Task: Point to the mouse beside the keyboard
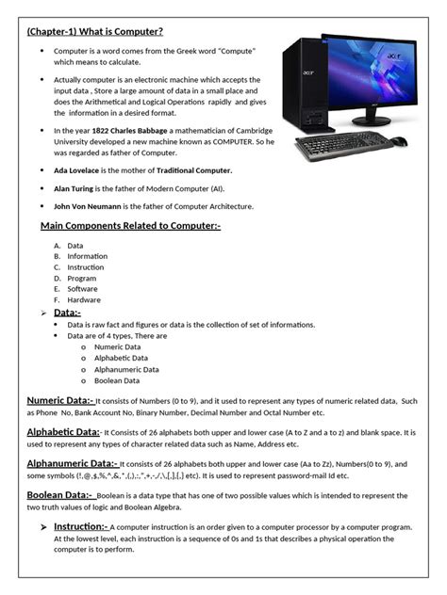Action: tap(399, 142)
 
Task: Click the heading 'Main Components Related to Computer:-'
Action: tap(130, 227)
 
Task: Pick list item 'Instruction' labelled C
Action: tap(86, 267)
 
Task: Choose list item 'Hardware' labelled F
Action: tap(84, 300)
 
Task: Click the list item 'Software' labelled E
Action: tap(83, 289)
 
